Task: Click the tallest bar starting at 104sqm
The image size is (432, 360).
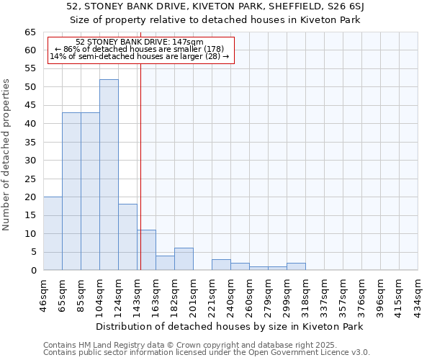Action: point(109,175)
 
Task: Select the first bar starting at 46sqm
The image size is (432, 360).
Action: point(53,233)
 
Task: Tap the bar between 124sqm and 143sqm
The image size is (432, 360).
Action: point(127,237)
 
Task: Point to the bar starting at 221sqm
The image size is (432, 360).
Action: point(221,265)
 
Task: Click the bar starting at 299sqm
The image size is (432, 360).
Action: point(296,266)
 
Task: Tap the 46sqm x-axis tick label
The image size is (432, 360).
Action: point(44,294)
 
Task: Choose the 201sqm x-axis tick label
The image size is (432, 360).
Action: point(194,294)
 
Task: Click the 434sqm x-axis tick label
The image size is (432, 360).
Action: point(418,294)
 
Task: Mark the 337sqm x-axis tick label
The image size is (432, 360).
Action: point(325,294)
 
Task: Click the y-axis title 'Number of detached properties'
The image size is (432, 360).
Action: point(7,155)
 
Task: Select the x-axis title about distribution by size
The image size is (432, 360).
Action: point(229,326)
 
